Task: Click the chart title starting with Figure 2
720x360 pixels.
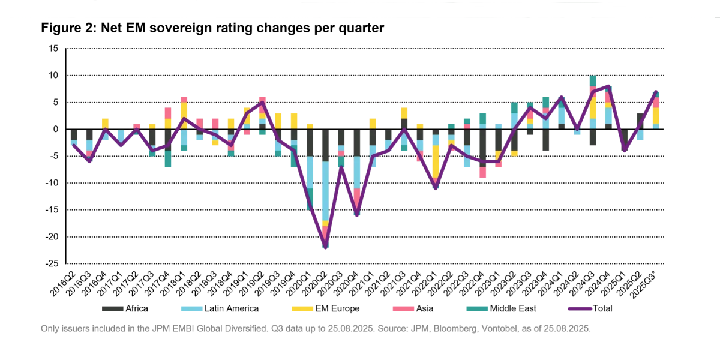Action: (x=212, y=28)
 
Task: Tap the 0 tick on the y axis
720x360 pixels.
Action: (x=55, y=129)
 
